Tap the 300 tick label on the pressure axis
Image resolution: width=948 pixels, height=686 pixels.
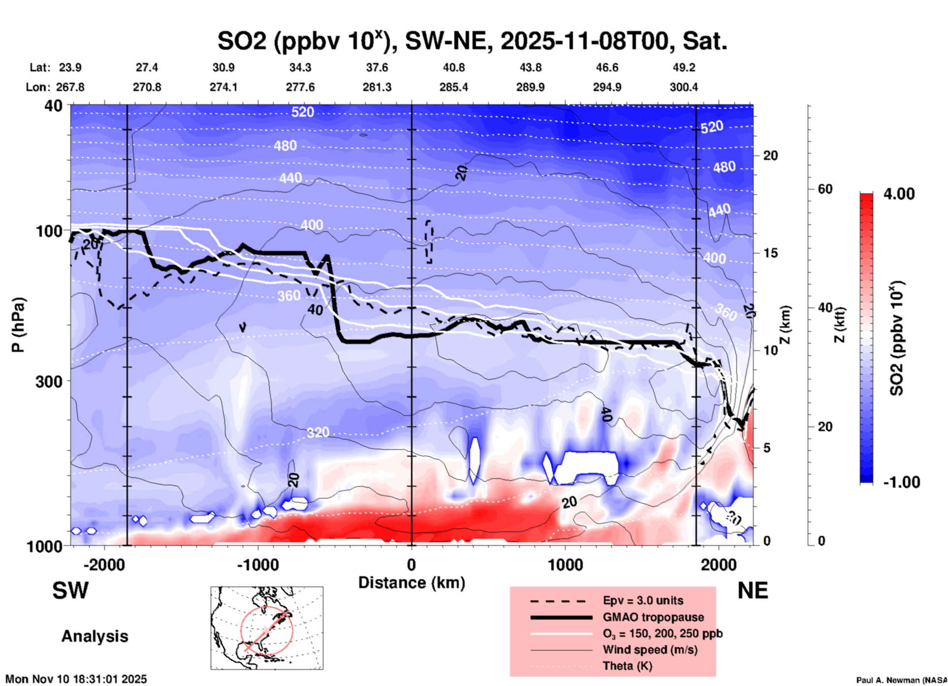pyautogui.click(x=49, y=381)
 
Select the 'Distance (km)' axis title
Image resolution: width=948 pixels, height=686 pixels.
pyautogui.click(x=411, y=583)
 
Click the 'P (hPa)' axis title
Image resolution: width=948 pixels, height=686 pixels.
pyautogui.click(x=18, y=325)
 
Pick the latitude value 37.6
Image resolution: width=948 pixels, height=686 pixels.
pyautogui.click(x=377, y=67)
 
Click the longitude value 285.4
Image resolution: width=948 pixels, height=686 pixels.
pyautogui.click(x=453, y=87)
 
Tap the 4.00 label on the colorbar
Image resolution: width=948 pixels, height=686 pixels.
pyautogui.click(x=899, y=193)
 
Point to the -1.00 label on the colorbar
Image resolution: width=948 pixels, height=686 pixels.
pyautogui.click(x=901, y=482)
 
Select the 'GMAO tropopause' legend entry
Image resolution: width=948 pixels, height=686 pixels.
pyautogui.click(x=653, y=617)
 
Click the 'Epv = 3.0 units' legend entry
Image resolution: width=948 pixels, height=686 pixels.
pyautogui.click(x=643, y=600)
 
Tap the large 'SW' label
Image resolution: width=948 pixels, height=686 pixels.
pyautogui.click(x=70, y=591)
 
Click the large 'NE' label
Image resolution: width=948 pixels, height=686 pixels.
pyautogui.click(x=753, y=591)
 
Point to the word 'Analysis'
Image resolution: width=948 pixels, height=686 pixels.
pyautogui.click(x=95, y=636)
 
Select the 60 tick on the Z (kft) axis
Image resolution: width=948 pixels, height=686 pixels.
pyautogui.click(x=825, y=189)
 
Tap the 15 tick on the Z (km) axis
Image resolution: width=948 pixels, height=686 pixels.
pyautogui.click(x=770, y=253)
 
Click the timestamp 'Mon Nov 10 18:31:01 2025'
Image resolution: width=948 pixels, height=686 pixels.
pyautogui.click(x=76, y=679)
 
